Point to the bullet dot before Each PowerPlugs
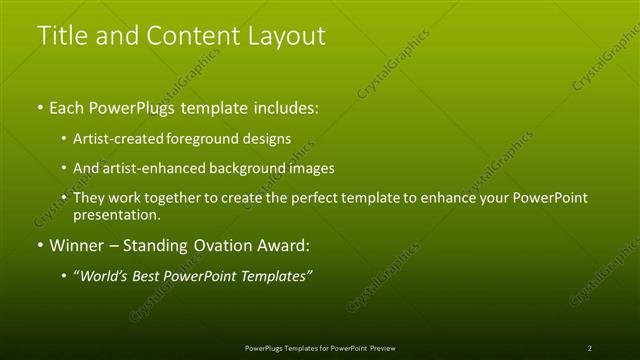40,107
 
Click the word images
312,168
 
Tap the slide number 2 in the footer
590,348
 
